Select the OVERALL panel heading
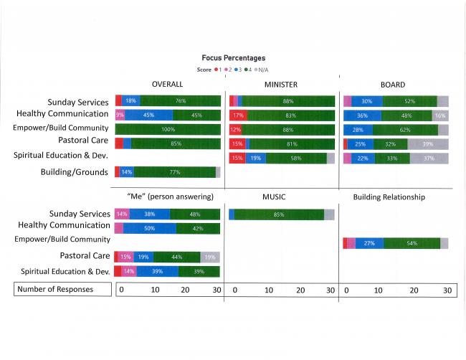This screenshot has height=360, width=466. pyautogui.click(x=167, y=85)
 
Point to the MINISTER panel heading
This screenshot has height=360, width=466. pyautogui.click(x=280, y=85)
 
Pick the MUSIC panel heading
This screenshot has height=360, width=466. pyautogui.click(x=277, y=196)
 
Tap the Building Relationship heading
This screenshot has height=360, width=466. pyautogui.click(x=389, y=196)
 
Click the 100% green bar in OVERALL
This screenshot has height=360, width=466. pyautogui.click(x=168, y=130)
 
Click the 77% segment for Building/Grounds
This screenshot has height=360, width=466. pyautogui.click(x=174, y=172)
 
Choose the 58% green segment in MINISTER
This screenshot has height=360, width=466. pyautogui.click(x=296, y=158)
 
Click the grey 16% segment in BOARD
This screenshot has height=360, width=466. pyautogui.click(x=440, y=115)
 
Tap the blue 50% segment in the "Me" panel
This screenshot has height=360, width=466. pyautogui.click(x=150, y=228)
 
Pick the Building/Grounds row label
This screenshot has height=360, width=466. pyautogui.click(x=75, y=172)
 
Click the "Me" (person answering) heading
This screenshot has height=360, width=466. pyautogui.click(x=166, y=196)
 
